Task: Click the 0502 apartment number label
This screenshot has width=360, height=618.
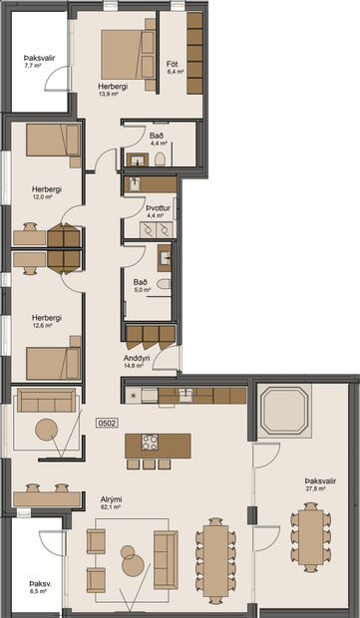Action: (107, 424)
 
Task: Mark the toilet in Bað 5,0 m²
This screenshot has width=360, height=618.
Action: (165, 284)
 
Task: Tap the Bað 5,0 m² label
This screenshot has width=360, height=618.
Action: (142, 287)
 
